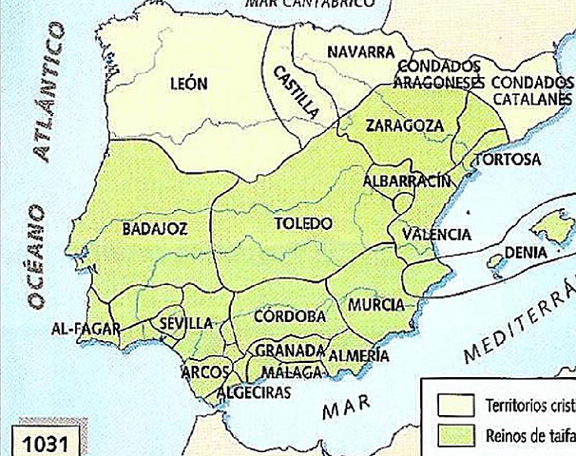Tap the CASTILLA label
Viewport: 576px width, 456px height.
pos(296,91)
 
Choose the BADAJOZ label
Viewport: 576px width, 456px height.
pos(155,228)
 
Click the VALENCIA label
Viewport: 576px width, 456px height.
pos(436,234)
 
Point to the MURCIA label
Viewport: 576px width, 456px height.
pos(377,305)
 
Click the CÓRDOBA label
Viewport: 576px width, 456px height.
pos(291,315)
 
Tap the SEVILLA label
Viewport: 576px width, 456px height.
pos(185,324)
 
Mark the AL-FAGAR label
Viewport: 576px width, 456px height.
pos(86,329)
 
